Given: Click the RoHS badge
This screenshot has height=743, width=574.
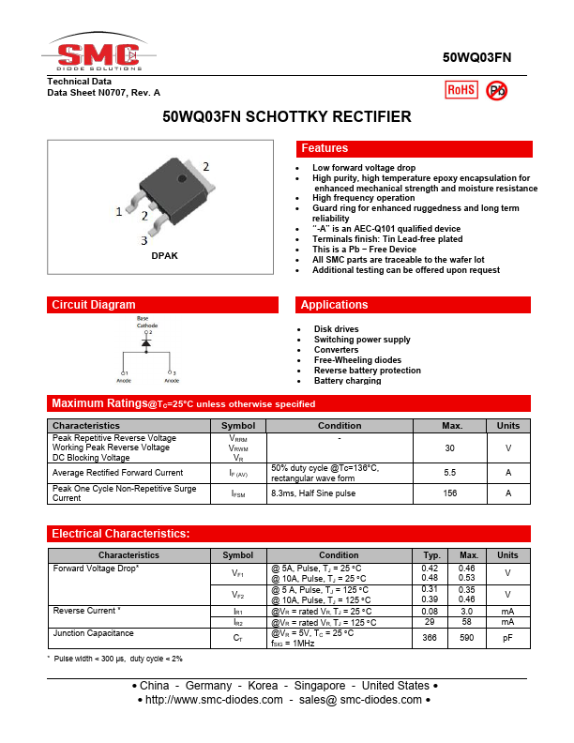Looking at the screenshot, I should [461, 89].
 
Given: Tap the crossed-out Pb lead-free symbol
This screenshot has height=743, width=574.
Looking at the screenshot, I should [497, 89].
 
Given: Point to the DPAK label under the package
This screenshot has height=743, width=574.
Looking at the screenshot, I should [164, 255].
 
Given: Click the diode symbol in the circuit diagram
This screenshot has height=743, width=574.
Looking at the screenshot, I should [146, 344].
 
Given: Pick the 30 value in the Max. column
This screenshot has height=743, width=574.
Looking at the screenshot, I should [449, 448].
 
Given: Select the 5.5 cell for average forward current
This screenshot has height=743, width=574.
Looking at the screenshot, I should [449, 473].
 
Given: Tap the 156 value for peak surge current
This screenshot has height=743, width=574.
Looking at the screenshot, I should [449, 493].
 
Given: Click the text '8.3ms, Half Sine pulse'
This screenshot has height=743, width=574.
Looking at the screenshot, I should [313, 493].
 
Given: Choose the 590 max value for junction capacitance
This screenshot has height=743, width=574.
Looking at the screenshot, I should [467, 638].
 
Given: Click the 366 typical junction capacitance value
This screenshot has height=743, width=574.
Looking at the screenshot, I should [430, 638].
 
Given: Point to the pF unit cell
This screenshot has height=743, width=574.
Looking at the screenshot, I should [507, 638].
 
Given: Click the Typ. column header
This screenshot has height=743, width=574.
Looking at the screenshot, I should [431, 555].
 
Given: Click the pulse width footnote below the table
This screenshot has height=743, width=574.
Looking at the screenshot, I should [115, 659].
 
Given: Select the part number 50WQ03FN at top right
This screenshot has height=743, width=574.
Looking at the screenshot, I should [476, 57].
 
